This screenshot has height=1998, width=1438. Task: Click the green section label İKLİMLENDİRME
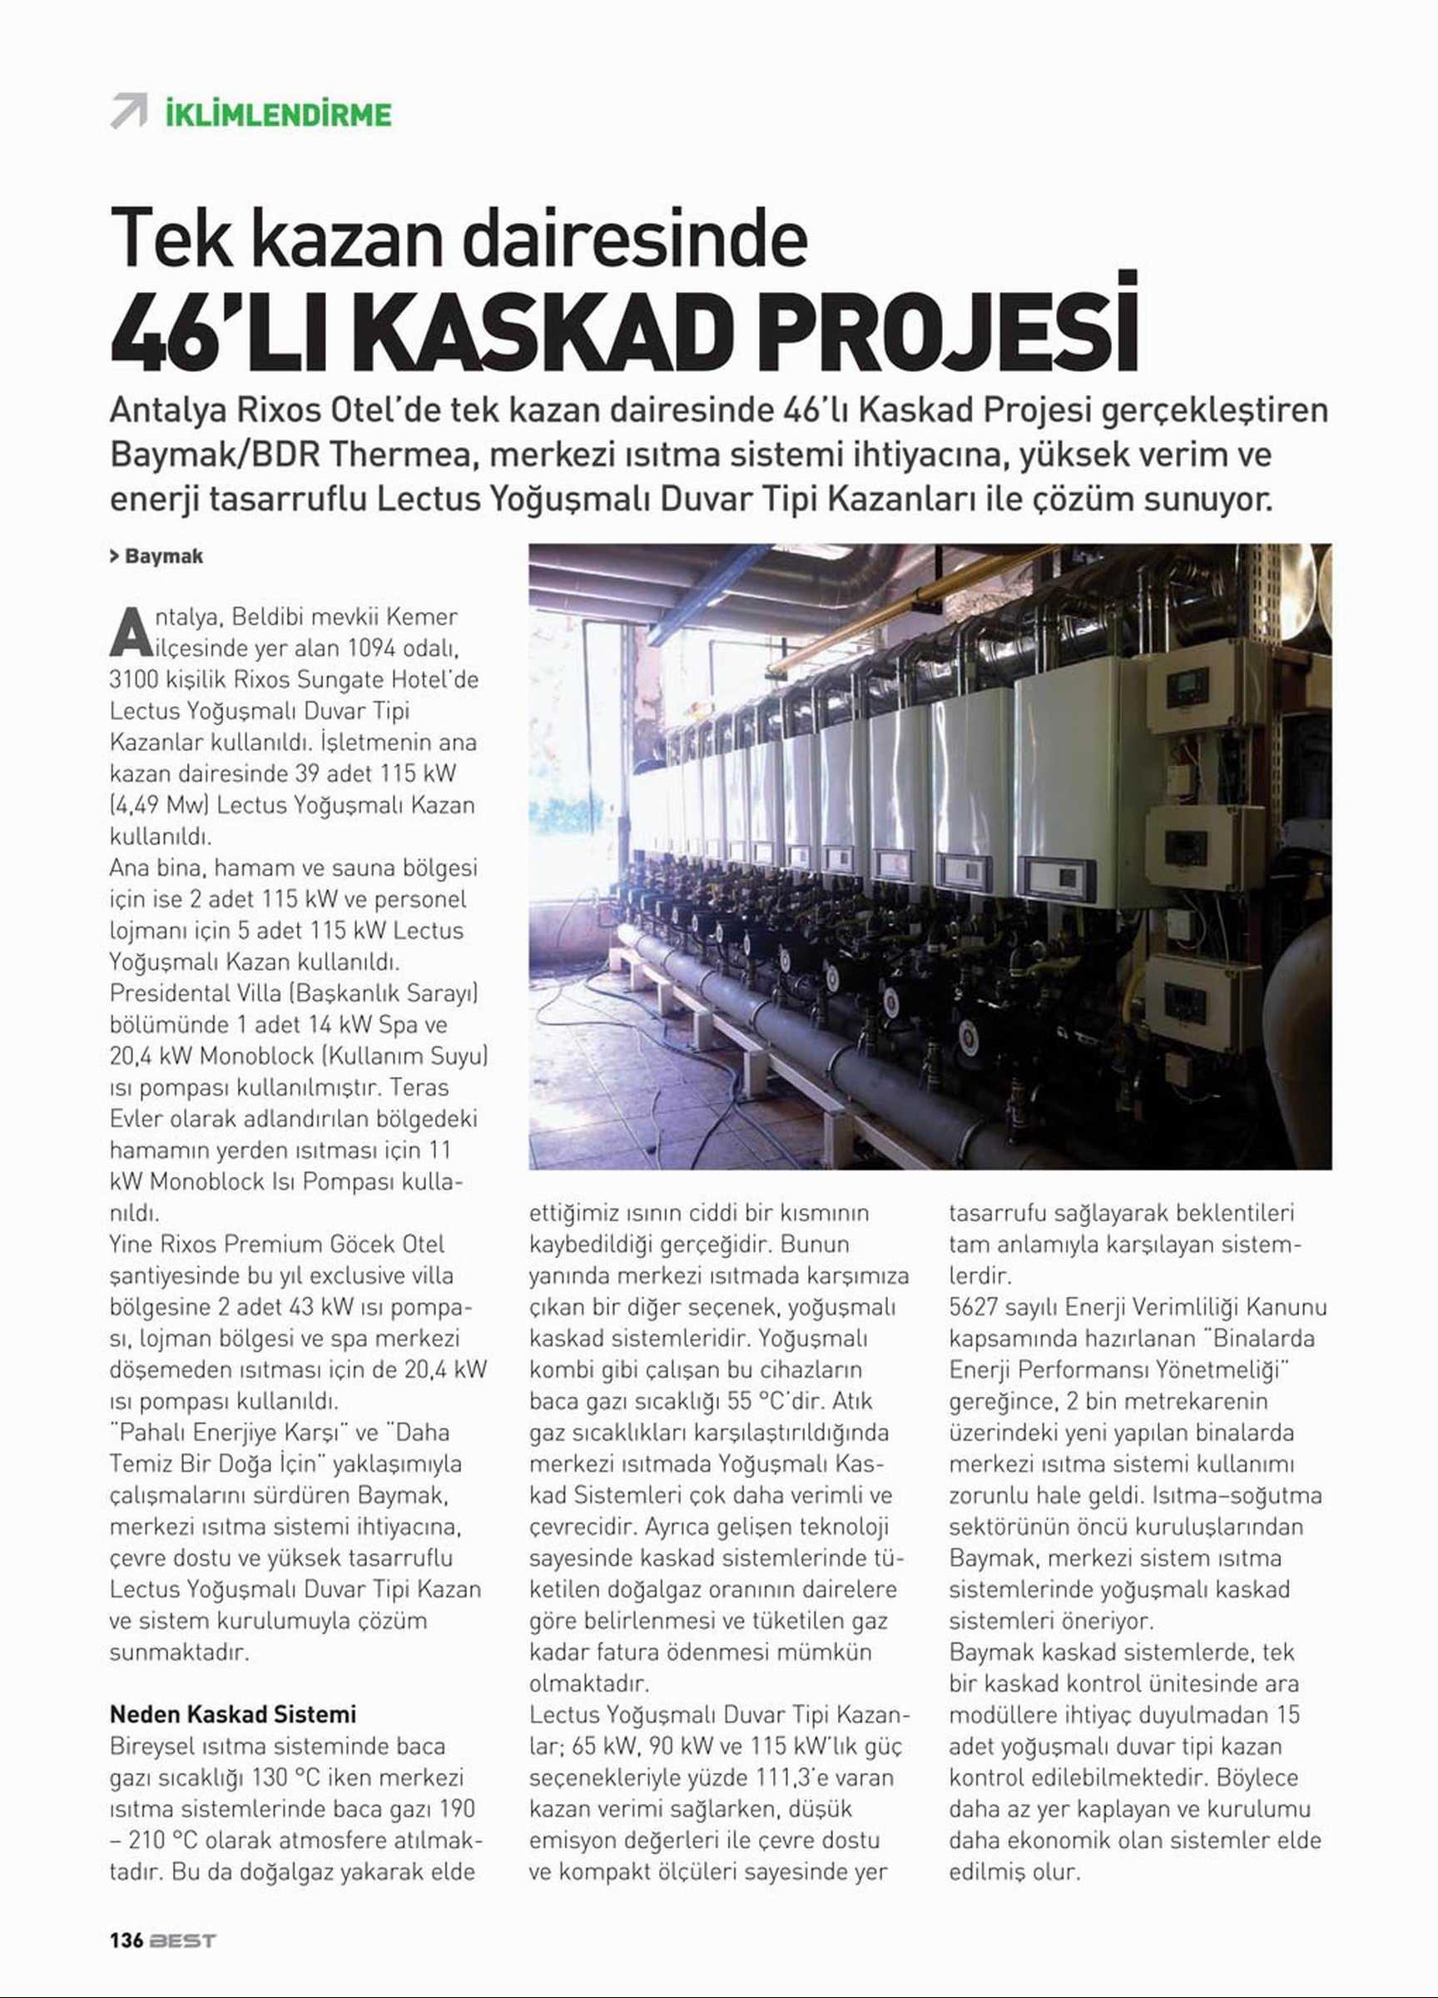pyautogui.click(x=278, y=115)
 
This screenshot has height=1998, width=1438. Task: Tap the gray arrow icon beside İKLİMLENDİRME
pyautogui.click(x=128, y=111)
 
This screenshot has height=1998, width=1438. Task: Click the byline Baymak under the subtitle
pyautogui.click(x=164, y=556)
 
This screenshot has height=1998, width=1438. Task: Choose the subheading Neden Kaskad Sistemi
pyautogui.click(x=232, y=1713)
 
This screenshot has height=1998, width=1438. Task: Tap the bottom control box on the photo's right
pyautogui.click(x=1194, y=1002)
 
